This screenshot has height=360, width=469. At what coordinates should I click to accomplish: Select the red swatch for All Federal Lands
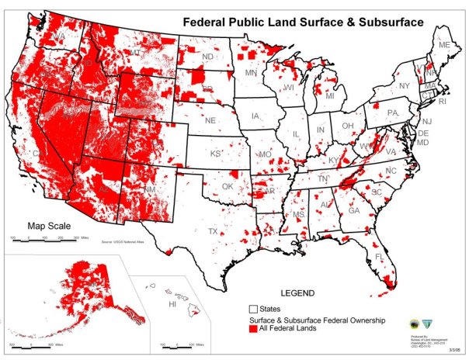(x=254, y=330)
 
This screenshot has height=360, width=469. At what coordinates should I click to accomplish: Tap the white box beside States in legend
(x=254, y=310)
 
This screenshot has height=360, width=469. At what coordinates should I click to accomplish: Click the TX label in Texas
(x=213, y=231)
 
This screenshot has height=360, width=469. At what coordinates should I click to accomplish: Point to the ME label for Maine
(x=444, y=46)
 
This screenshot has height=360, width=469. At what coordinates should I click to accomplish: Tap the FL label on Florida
(x=380, y=256)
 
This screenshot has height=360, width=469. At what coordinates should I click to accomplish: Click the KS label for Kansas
(x=216, y=154)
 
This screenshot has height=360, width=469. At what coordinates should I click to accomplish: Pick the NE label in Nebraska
(x=210, y=121)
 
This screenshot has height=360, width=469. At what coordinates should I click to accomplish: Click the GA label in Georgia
(x=353, y=210)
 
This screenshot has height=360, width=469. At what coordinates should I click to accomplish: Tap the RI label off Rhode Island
(x=443, y=102)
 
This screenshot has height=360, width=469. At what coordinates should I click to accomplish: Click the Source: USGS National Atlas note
(x=128, y=242)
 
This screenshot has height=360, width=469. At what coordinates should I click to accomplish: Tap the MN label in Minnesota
(x=252, y=73)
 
